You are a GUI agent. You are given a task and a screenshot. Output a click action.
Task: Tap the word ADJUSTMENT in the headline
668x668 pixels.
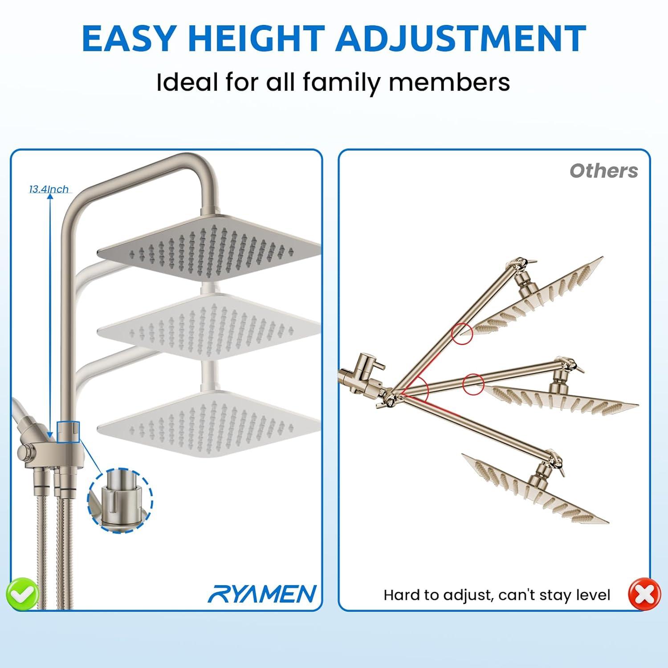tap(461, 38)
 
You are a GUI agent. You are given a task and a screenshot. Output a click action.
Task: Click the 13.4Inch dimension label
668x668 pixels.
tap(49, 189)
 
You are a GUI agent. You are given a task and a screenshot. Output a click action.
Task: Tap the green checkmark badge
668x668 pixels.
tap(22, 593)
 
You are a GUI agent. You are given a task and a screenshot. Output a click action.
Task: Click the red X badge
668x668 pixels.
tap(644, 594)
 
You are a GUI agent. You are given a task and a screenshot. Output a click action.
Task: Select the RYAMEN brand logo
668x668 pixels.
tap(262, 594)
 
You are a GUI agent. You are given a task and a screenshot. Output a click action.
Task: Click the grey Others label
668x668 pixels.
tap(604, 171)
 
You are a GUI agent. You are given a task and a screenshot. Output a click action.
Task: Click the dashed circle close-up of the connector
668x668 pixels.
tap(120, 500)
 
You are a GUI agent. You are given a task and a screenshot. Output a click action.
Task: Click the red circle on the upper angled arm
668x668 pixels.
tap(462, 333)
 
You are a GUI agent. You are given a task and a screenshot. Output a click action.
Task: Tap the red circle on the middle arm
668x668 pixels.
tap(473, 384)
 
